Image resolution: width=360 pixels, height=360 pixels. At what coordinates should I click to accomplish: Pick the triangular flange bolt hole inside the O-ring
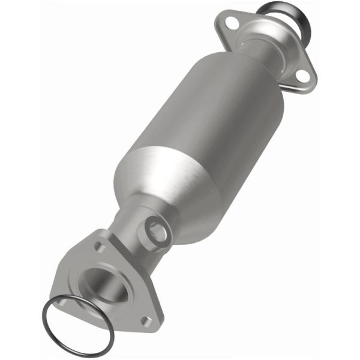coord(62,303)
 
